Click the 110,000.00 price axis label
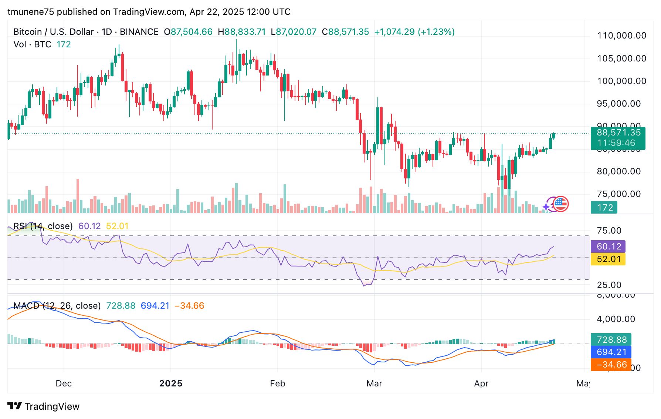621,36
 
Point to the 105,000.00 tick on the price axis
621,58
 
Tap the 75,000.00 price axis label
618,194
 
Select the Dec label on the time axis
64,383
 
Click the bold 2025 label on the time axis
171,383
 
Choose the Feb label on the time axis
278,383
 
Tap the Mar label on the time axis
374,383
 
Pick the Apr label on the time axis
481,383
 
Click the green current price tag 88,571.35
618,133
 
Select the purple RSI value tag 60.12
609,247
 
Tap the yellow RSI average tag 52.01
609,259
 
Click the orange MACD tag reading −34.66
611,365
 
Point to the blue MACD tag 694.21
611,352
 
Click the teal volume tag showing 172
604,208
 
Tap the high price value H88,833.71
242,32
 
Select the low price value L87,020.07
294,32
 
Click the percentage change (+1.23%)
436,32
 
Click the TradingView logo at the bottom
44,406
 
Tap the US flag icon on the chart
561,204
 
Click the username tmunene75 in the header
31,12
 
